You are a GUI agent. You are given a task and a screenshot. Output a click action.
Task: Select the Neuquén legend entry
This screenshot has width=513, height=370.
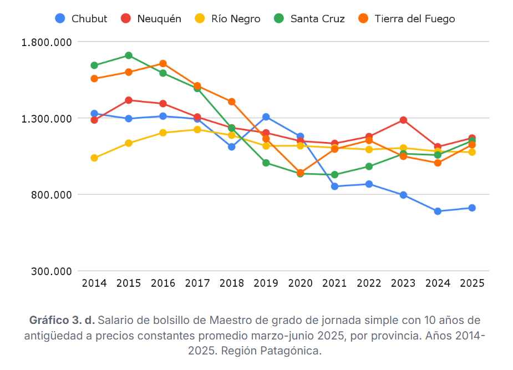(151, 19)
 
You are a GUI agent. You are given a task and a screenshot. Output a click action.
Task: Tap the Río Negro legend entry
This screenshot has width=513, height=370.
(228, 19)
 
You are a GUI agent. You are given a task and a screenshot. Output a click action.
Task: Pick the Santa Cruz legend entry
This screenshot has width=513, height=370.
(309, 19)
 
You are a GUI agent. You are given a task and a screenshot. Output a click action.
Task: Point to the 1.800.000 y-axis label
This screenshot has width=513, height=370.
(47, 42)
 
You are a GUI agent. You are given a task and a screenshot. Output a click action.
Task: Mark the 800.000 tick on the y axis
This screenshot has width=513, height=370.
(50, 195)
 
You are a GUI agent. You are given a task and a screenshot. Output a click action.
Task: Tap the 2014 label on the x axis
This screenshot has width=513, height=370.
(94, 283)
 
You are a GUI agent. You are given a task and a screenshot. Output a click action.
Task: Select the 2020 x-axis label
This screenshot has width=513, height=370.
(300, 283)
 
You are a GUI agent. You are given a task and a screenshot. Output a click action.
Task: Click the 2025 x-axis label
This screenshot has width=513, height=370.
(472, 283)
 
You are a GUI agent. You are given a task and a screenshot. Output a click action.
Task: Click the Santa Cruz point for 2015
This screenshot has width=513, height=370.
(129, 55)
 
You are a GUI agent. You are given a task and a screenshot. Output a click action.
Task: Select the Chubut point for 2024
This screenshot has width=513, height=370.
(438, 211)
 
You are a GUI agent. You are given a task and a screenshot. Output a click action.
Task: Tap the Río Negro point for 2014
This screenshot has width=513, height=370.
(94, 158)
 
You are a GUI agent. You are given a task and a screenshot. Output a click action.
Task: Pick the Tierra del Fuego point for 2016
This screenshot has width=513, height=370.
(163, 64)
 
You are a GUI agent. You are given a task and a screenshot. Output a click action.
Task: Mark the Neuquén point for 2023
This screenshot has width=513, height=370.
(403, 120)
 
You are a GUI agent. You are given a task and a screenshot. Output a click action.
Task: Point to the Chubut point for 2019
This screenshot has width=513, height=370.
(266, 117)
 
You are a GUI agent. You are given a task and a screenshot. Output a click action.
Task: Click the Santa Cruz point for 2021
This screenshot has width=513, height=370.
(335, 175)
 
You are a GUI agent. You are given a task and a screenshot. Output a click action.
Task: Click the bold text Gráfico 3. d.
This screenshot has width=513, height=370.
(62, 321)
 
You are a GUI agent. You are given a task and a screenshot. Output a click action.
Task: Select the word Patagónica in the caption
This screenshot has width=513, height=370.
(294, 351)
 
